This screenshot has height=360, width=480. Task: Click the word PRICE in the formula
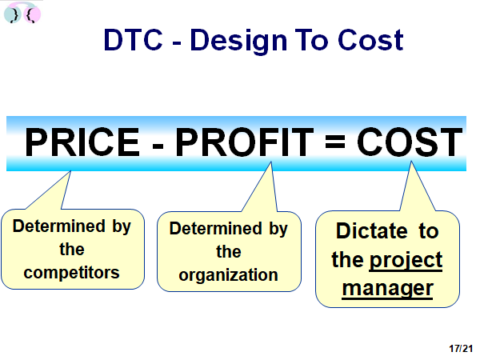[x=82, y=142]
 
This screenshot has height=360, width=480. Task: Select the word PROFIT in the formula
[x=245, y=142]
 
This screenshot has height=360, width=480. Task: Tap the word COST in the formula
[x=410, y=142]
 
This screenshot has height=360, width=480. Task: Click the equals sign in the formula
[x=335, y=142]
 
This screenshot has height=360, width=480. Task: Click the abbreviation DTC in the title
[x=133, y=40]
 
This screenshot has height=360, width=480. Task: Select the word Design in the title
[x=238, y=42]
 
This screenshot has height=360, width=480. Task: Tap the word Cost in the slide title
[x=370, y=40]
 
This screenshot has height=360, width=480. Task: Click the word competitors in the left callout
[x=72, y=273]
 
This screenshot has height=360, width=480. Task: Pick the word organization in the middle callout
[x=228, y=275]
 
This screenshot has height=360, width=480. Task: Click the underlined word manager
[x=387, y=289]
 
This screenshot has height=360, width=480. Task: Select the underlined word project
[x=406, y=261]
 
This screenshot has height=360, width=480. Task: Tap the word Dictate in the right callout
[x=372, y=230]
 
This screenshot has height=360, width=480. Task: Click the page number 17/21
[x=461, y=348]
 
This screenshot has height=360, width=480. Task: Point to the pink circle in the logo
[x=33, y=14]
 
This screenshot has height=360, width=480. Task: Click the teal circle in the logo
[x=12, y=14]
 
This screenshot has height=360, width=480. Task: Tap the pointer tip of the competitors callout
[x=70, y=171]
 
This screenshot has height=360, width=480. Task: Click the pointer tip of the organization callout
[x=271, y=162]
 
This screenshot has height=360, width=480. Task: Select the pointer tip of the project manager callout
[x=411, y=162]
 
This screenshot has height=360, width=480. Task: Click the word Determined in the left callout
[x=59, y=226]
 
